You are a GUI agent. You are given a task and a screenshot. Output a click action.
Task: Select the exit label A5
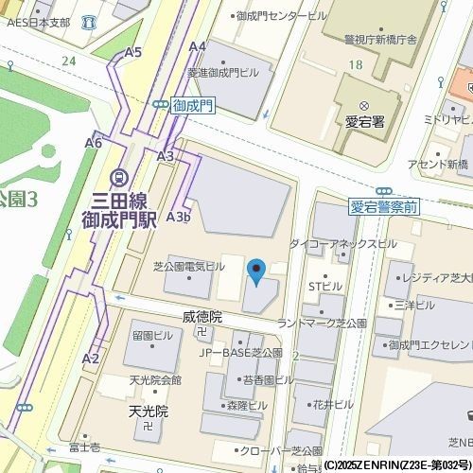click(132, 52)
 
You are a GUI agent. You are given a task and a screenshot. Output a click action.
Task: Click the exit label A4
click(198, 46)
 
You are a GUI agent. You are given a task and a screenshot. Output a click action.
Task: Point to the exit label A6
click(93, 143)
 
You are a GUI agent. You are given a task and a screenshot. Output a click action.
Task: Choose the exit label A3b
click(179, 217)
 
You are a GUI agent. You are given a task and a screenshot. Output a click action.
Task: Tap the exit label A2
click(91, 359)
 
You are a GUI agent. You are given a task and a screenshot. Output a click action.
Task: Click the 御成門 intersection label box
click(194, 108)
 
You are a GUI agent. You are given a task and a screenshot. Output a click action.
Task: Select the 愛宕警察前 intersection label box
click(384, 205)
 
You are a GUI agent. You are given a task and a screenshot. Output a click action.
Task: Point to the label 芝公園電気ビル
click(189, 267)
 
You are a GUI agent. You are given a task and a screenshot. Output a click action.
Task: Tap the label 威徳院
click(201, 317)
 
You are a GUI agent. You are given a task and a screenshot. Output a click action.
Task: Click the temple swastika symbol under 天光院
click(148, 428)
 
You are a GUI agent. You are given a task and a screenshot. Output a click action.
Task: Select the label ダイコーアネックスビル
click(342, 244)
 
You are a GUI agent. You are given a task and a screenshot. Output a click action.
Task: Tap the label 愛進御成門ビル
click(222, 72)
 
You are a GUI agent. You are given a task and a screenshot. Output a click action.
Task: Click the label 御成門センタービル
click(281, 16)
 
